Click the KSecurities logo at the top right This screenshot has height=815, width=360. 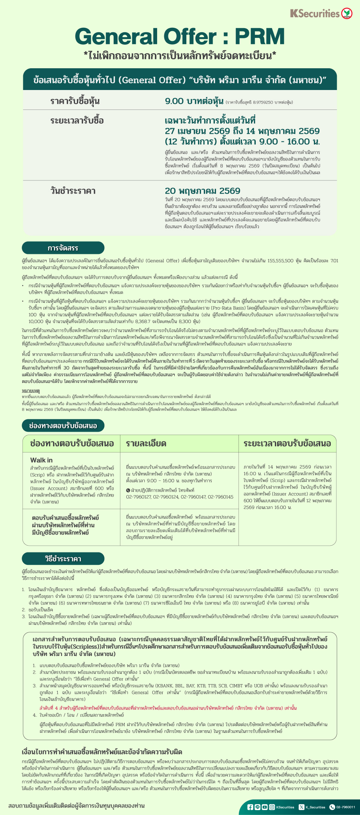pyautogui.click(x=321, y=14)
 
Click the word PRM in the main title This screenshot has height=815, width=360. pyautogui.click(x=259, y=37)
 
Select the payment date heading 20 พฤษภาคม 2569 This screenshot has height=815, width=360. pyautogui.click(x=202, y=191)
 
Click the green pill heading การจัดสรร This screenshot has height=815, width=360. pyautogui.click(x=63, y=248)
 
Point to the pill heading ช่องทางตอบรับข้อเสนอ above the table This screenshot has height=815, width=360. pyautogui.click(x=63, y=426)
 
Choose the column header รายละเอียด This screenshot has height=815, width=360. pyautogui.click(x=146, y=444)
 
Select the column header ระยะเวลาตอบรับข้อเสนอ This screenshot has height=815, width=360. pyautogui.click(x=287, y=444)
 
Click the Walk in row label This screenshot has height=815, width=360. pyautogui.click(x=41, y=460)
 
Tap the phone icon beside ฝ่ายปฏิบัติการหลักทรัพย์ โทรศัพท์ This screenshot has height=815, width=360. pyautogui.click(x=128, y=490)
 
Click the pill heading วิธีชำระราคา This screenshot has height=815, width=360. pyautogui.click(x=63, y=559)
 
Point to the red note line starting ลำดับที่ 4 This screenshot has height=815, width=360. pyautogui.click(x=168, y=708)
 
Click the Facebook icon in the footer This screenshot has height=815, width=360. pyautogui.click(x=250, y=807)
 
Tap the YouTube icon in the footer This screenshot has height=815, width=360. pyautogui.click(x=265, y=807)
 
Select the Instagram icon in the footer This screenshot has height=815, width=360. pyautogui.click(x=272, y=807)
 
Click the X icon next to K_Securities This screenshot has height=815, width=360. pyautogui.click(x=301, y=807)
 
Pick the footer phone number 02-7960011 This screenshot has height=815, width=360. pyautogui.click(x=345, y=807)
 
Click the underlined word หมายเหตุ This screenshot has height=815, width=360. pyautogui.click(x=31, y=391)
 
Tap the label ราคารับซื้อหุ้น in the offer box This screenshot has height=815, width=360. pyautogui.click(x=75, y=101)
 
